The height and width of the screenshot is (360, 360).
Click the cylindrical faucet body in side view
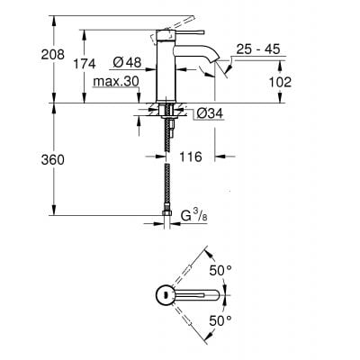166,72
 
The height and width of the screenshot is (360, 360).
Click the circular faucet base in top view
166,294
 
